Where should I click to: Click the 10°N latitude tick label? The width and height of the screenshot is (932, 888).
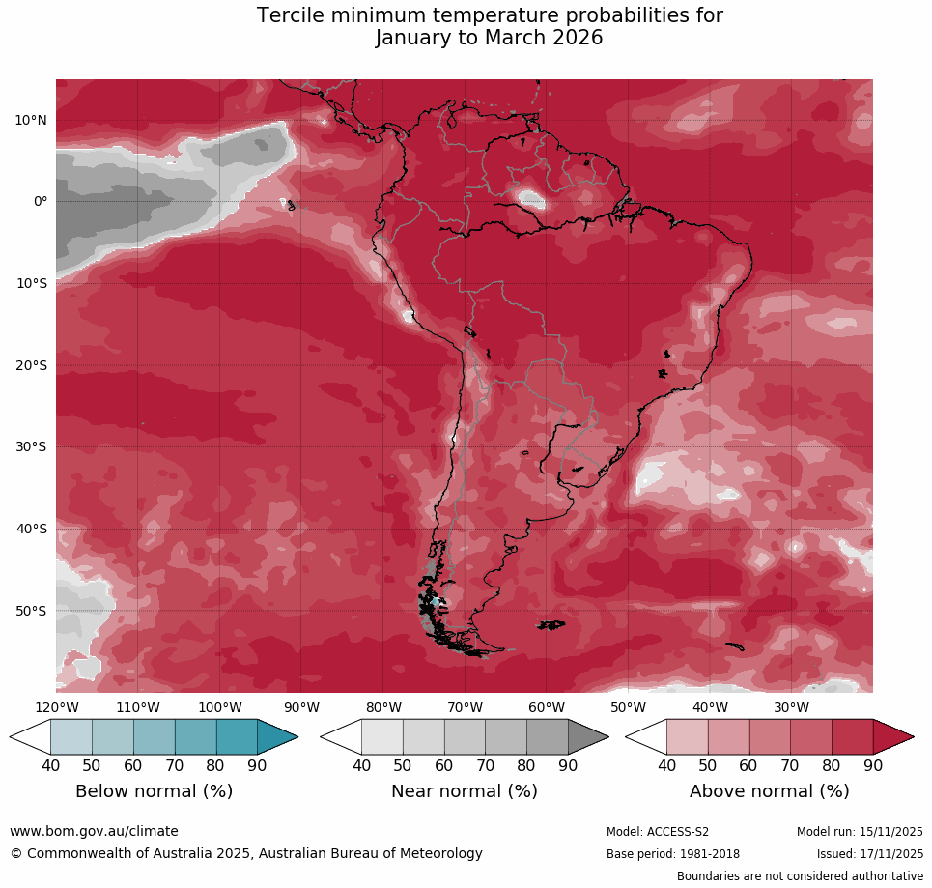[30, 120]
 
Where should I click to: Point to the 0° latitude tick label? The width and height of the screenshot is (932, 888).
[40, 202]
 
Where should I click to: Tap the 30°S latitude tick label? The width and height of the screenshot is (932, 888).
[30, 447]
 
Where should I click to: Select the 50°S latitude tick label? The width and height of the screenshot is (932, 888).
[30, 611]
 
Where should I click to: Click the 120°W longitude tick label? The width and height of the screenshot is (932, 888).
[56, 707]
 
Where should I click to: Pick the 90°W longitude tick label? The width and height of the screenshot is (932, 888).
[301, 707]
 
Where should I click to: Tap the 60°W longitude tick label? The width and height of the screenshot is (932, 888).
[547, 707]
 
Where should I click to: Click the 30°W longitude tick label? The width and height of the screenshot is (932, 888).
[791, 707]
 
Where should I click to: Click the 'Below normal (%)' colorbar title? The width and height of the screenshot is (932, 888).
[154, 791]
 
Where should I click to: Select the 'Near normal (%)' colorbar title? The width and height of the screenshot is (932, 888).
[464, 791]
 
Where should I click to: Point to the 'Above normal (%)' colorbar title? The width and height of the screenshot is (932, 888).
[769, 791]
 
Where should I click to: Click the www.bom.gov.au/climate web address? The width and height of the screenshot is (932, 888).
[94, 831]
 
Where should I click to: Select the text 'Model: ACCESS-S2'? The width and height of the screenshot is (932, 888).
[657, 832]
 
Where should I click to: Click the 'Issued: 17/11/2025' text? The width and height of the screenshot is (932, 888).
[869, 854]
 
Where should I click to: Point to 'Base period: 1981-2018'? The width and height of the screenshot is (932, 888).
[672, 854]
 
